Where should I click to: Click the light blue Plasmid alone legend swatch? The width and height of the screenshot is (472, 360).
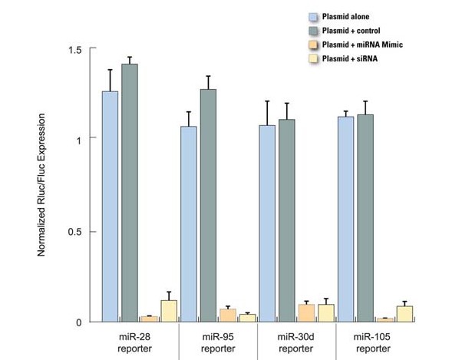(312, 15)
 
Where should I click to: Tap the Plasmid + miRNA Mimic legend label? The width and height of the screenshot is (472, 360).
(363, 44)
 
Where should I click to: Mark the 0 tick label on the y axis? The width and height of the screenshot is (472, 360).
(79, 322)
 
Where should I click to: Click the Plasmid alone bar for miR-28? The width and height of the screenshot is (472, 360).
(111, 207)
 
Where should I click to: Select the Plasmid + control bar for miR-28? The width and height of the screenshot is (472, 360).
(130, 192)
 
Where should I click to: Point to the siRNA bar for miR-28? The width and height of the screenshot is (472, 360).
(169, 311)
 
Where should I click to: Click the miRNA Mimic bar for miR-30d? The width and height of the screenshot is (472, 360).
(307, 313)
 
